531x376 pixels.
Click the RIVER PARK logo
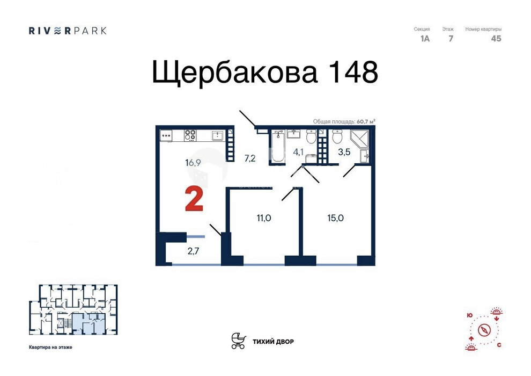(x=68, y=31)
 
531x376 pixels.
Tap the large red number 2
(x=194, y=200)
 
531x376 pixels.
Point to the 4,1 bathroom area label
(x=298, y=152)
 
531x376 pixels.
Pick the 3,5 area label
(x=344, y=152)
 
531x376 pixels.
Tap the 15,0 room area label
(x=336, y=218)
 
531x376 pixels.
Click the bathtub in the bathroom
(x=278, y=146)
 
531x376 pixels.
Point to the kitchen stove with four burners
(x=190, y=135)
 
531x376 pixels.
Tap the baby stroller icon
(x=238, y=341)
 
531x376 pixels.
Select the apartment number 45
(x=496, y=39)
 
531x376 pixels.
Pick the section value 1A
(x=425, y=39)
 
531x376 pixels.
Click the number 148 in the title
(x=351, y=73)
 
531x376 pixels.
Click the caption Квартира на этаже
(x=50, y=347)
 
